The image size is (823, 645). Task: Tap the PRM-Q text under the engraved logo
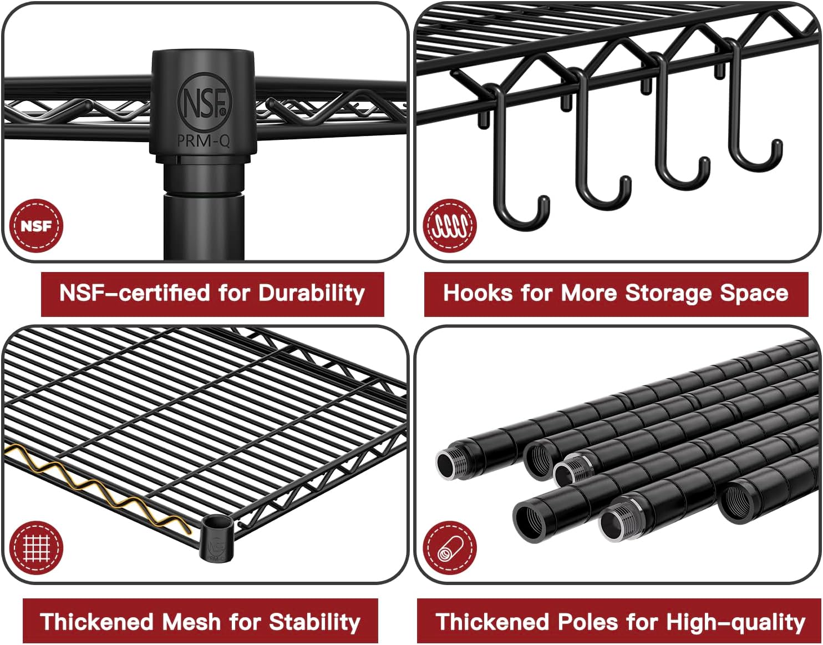coord(203,141)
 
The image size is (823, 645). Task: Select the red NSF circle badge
coord(36,226)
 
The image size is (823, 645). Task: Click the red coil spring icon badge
coord(450,226)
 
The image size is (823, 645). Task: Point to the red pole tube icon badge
coord(450,548)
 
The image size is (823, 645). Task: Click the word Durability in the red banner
coord(312,293)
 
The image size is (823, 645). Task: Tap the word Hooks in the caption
coord(477,293)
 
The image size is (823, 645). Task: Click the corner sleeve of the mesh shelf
coord(215,538)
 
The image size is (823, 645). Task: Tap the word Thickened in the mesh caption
coord(96,621)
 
